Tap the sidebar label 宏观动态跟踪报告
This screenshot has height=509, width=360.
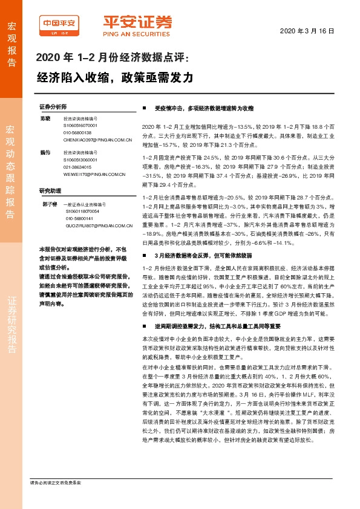11,163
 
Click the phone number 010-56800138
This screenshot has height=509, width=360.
77,133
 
